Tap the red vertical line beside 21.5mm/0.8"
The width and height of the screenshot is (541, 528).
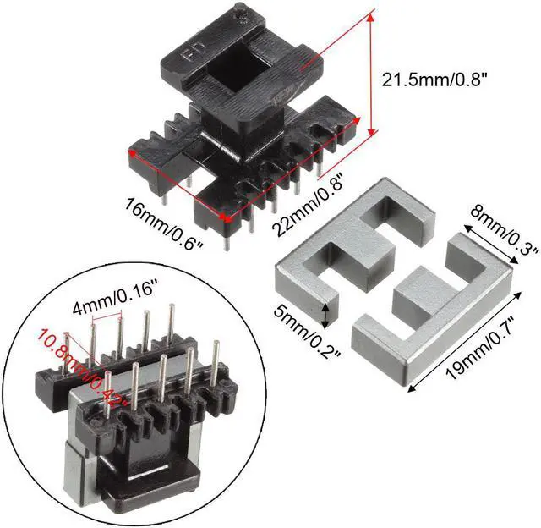click(369, 73)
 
